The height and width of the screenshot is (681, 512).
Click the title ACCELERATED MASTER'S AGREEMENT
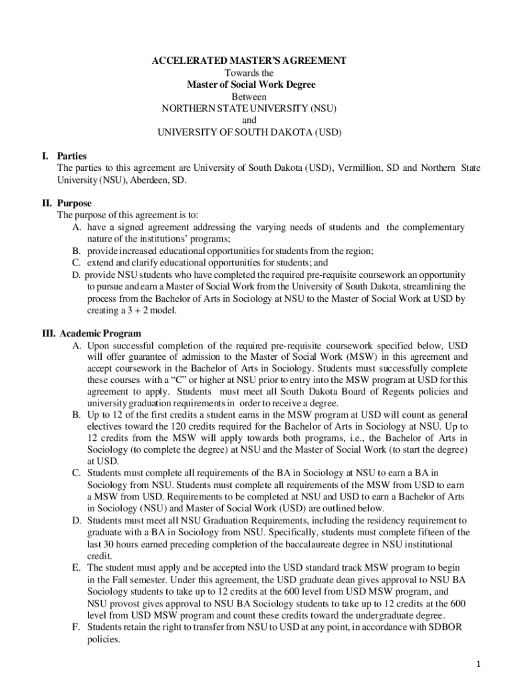point(249,61)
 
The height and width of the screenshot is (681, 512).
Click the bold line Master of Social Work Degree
point(250,84)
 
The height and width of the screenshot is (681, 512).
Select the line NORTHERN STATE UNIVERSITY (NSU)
point(249,108)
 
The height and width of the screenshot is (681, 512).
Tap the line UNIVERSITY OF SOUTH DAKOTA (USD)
point(249,132)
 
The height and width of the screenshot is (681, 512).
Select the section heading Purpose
point(74,204)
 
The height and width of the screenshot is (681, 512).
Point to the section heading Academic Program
point(100,333)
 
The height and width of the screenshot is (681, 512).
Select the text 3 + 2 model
point(140,311)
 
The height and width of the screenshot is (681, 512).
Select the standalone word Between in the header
point(249,96)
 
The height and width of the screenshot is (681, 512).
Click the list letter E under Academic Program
point(77,568)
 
